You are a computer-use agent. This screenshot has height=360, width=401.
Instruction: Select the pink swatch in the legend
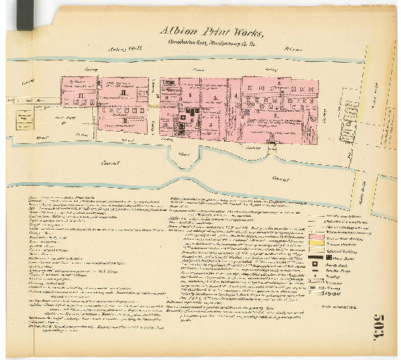click(x=317, y=236)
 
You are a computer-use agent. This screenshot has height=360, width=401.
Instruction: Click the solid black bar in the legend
click(x=317, y=264)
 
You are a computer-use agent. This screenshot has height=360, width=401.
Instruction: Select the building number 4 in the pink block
click(x=235, y=95)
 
